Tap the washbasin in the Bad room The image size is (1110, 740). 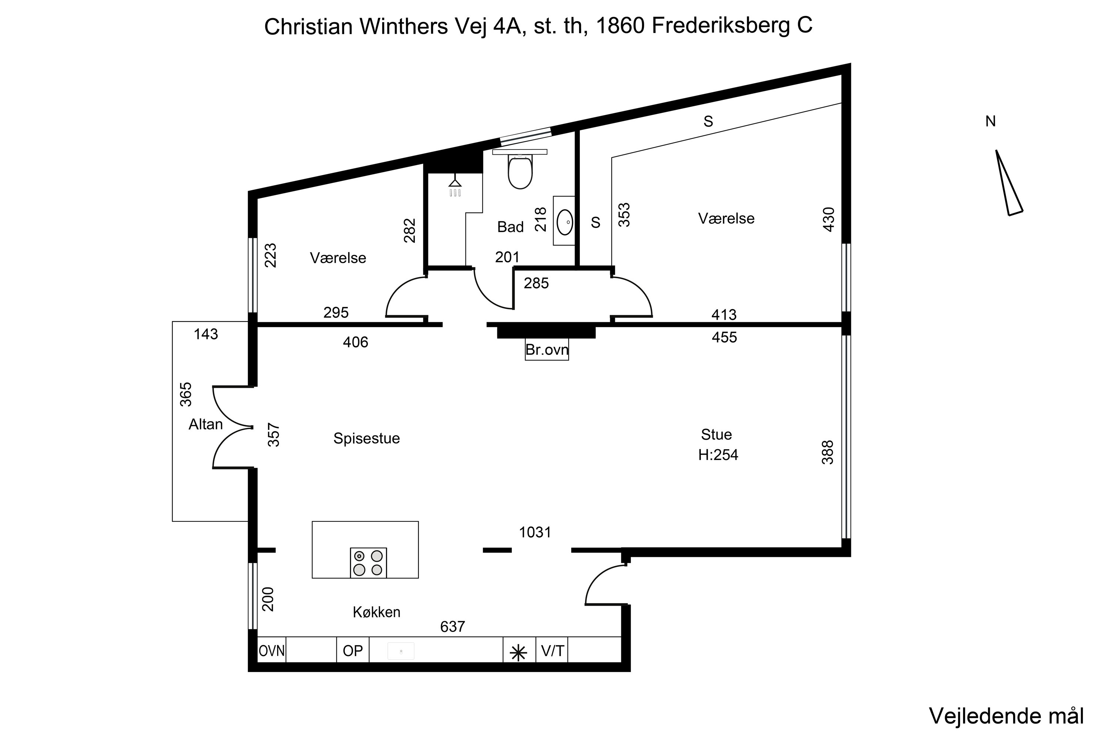[x=565, y=221]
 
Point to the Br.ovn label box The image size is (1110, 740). [x=546, y=350]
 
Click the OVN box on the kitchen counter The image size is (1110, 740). [x=272, y=651]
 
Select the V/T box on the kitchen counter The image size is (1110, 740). [x=552, y=651]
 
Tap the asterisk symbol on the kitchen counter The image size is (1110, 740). [x=519, y=653]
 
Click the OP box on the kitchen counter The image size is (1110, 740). [x=353, y=651]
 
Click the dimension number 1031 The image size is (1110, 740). [x=535, y=532]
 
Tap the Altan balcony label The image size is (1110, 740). [x=205, y=424]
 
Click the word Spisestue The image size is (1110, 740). [x=366, y=438]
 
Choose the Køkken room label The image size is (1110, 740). [x=376, y=612]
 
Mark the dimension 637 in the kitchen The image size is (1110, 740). [x=452, y=627]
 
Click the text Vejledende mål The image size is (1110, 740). [x=1006, y=716]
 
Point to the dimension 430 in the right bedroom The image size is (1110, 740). [x=828, y=219]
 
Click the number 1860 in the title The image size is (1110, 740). [x=620, y=26]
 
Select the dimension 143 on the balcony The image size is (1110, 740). [x=206, y=334]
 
